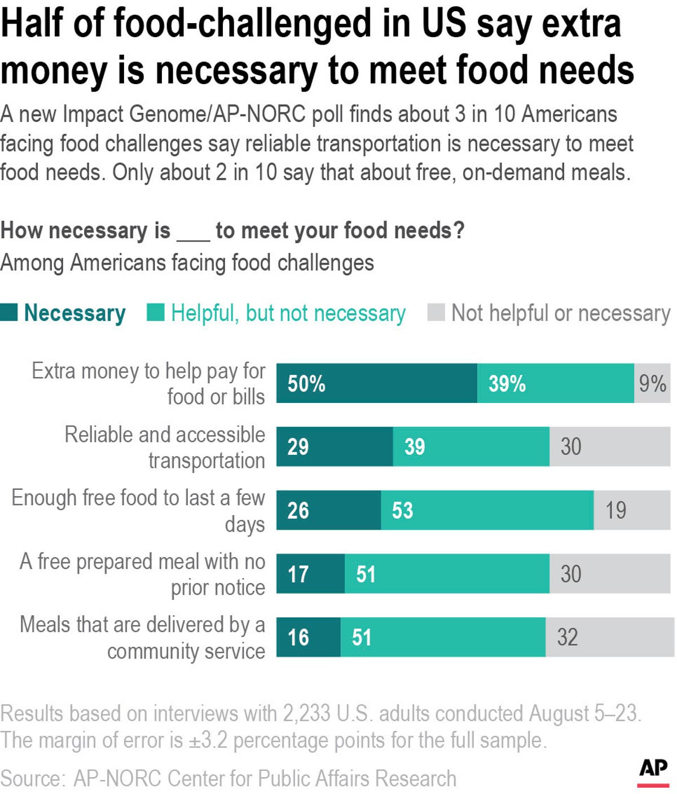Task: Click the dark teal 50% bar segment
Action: (x=376, y=383)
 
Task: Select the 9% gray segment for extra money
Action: (x=652, y=383)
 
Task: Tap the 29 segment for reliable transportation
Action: (x=334, y=446)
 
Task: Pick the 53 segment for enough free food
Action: (x=487, y=510)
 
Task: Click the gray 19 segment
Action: (x=632, y=510)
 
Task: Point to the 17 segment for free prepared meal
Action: (x=310, y=574)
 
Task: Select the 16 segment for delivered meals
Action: (x=308, y=637)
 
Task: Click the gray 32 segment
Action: (x=609, y=637)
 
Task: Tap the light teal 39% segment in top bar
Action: (x=555, y=383)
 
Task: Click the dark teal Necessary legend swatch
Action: (x=9, y=312)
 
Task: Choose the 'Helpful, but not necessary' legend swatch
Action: (x=155, y=312)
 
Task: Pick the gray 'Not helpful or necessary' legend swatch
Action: (x=436, y=312)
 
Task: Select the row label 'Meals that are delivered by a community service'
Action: (x=142, y=638)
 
